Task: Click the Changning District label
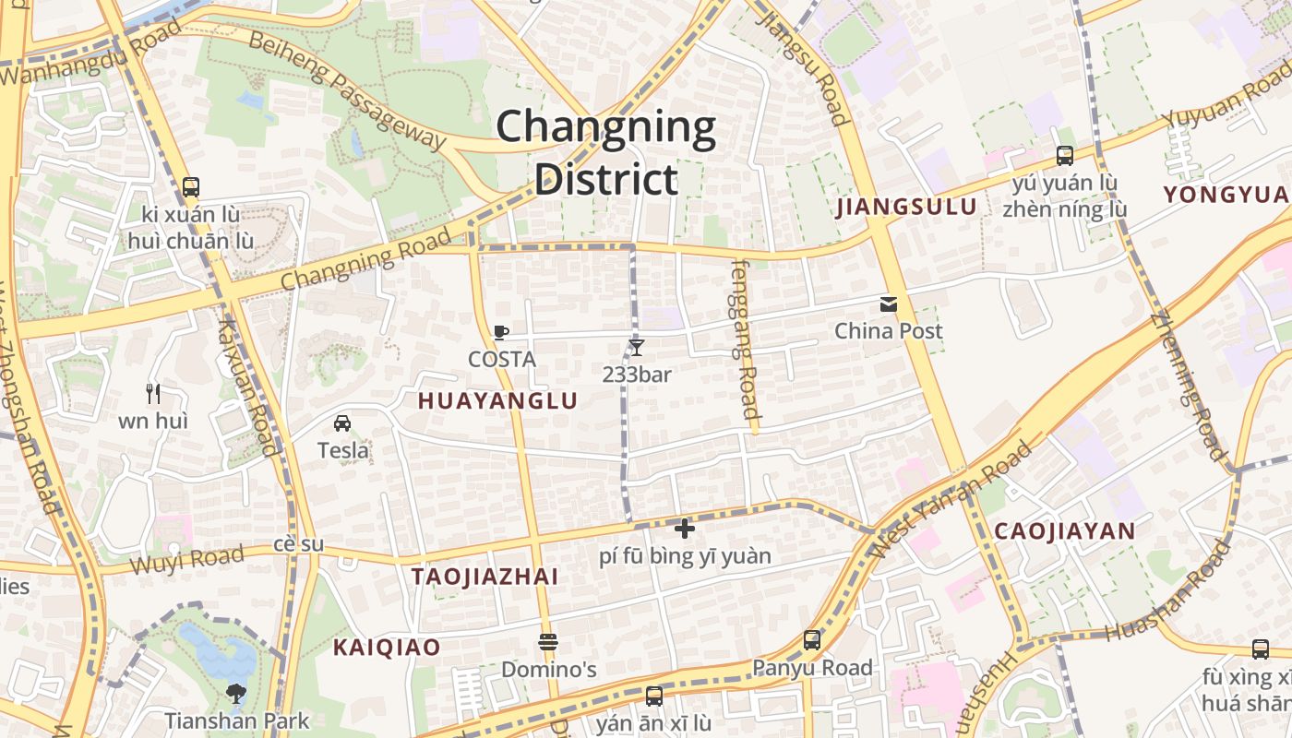pos(606,153)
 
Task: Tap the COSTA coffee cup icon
pos(501,333)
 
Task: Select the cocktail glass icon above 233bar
pos(636,348)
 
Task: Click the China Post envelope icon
pos(889,304)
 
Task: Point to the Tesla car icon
pos(342,423)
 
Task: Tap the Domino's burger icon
pos(548,642)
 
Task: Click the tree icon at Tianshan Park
pos(236,694)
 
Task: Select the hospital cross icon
pos(684,529)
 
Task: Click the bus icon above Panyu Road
pos(812,639)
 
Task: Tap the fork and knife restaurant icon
pos(153,394)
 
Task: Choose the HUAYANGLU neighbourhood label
pos(497,401)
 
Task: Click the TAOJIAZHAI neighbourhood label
pos(484,577)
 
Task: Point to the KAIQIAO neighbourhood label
pos(387,648)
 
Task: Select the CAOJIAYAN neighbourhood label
pos(1064,531)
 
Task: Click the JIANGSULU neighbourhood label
pos(906,207)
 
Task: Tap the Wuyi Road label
pos(187,559)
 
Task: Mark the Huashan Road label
pos(1169,591)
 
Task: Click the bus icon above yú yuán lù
pos(1065,156)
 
